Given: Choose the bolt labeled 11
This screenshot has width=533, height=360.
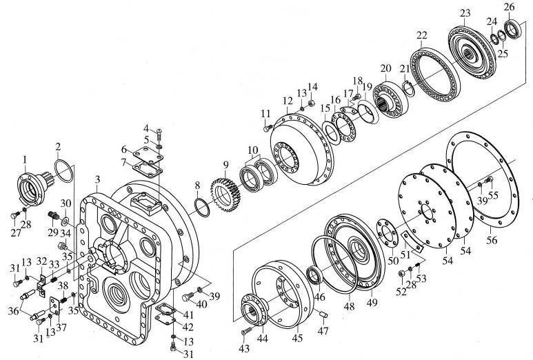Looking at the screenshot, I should point(268,127).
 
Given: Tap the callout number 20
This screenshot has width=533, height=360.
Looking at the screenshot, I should point(385,68).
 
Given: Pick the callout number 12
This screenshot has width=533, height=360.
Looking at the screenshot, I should point(287,101).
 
